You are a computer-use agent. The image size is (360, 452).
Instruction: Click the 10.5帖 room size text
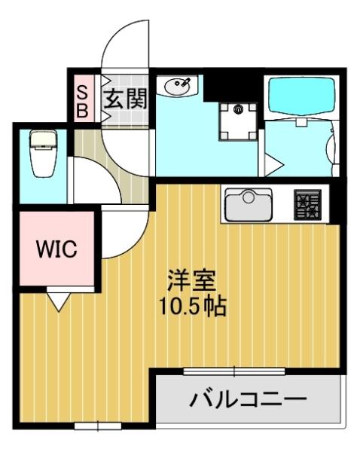click(x=191, y=307)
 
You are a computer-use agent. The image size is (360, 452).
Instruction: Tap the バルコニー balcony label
click(x=249, y=397)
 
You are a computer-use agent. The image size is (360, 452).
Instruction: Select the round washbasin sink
click(x=179, y=87)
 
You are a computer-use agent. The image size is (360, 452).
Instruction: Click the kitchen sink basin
click(x=250, y=203)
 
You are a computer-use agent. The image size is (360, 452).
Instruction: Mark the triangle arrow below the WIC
click(x=59, y=301)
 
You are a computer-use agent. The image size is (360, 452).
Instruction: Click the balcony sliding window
click(x=234, y=371)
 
